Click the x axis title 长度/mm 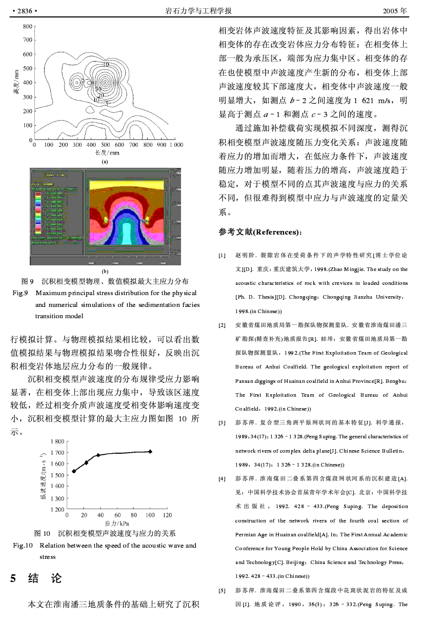[x=107, y=152]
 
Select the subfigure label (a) [x=105, y=161]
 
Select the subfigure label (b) [x=105, y=271]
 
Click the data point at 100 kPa [x=150, y=451]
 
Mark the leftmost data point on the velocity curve [x=74, y=471]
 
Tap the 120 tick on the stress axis [x=167, y=515]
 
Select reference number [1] [x=222, y=255]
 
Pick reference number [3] [x=222, y=423]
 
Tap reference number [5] [x=222, y=590]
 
